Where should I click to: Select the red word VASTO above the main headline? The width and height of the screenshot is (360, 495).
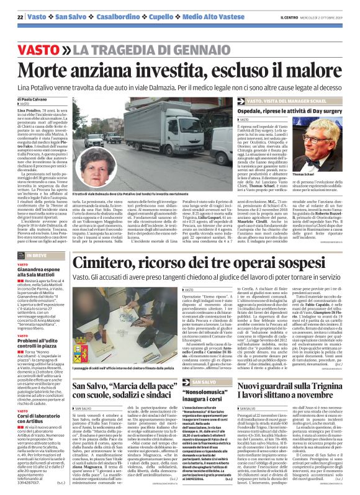click(36, 48)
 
